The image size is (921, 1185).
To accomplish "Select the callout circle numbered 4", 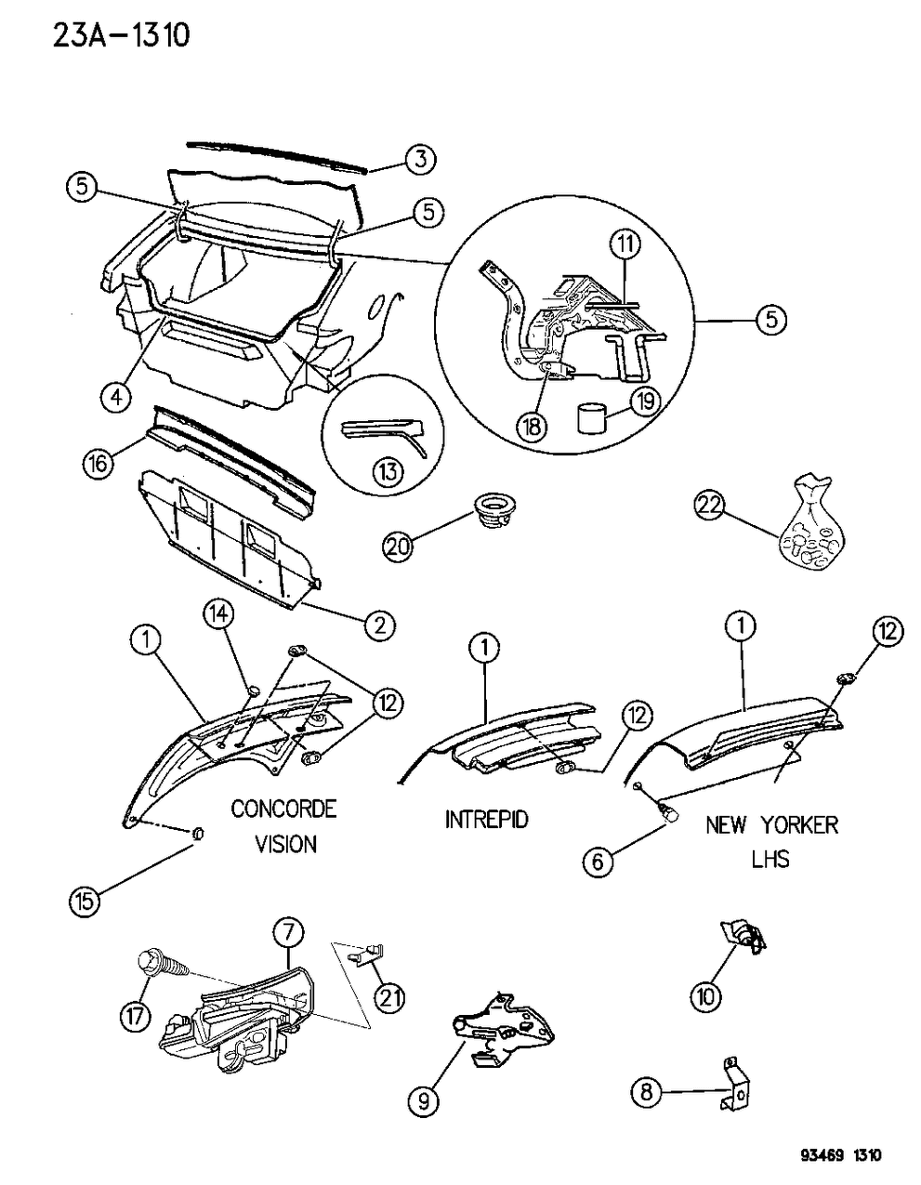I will pos(115,398).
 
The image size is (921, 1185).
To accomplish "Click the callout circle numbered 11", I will pos(626,245).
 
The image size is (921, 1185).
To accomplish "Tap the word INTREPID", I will pos(486,819).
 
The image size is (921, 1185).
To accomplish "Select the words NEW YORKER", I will pos(771,824).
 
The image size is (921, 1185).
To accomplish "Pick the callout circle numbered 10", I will pos(705,996).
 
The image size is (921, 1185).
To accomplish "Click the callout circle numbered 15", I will pos(86,898).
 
